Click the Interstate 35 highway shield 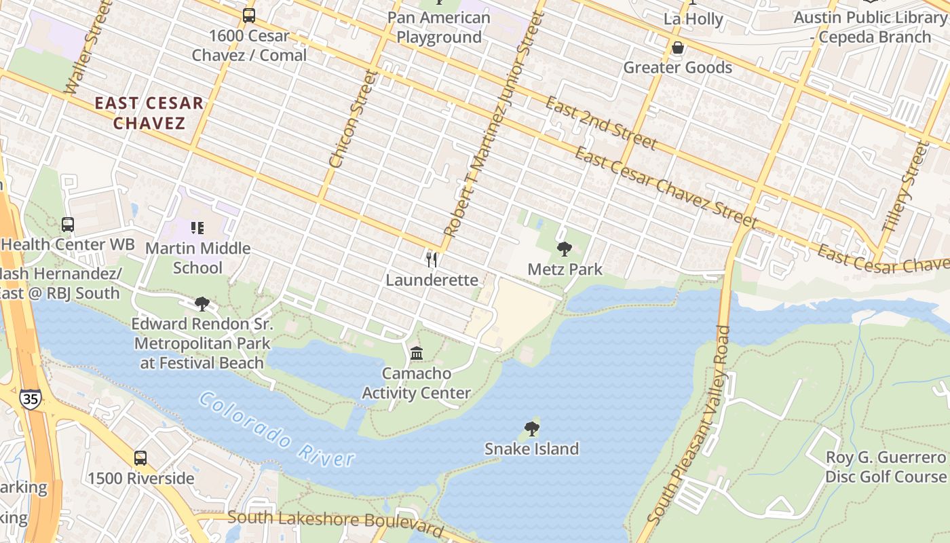[x=30, y=398]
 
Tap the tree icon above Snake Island [x=532, y=429]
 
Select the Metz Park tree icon [x=564, y=249]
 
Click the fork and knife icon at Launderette [x=431, y=259]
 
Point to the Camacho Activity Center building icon [x=417, y=353]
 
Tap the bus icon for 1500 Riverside [x=140, y=458]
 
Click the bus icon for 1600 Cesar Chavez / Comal [x=249, y=15]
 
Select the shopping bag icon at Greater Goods [x=677, y=48]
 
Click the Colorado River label [x=277, y=430]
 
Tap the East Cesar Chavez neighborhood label [x=149, y=113]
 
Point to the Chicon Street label [x=352, y=119]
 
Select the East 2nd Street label [x=601, y=123]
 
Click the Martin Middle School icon [x=197, y=228]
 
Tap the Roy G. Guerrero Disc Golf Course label [x=885, y=467]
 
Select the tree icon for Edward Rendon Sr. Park [x=202, y=303]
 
